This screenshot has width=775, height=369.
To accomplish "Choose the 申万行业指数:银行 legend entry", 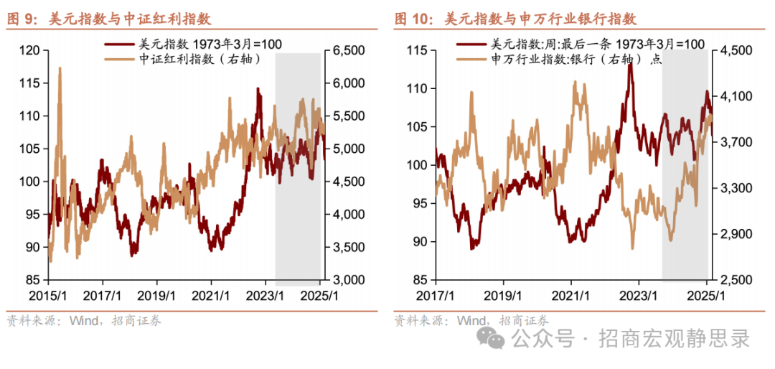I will [x=567, y=60].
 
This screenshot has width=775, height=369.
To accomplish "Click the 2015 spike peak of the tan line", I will [x=59, y=68].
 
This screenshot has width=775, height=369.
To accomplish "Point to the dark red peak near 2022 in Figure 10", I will [x=629, y=65].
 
